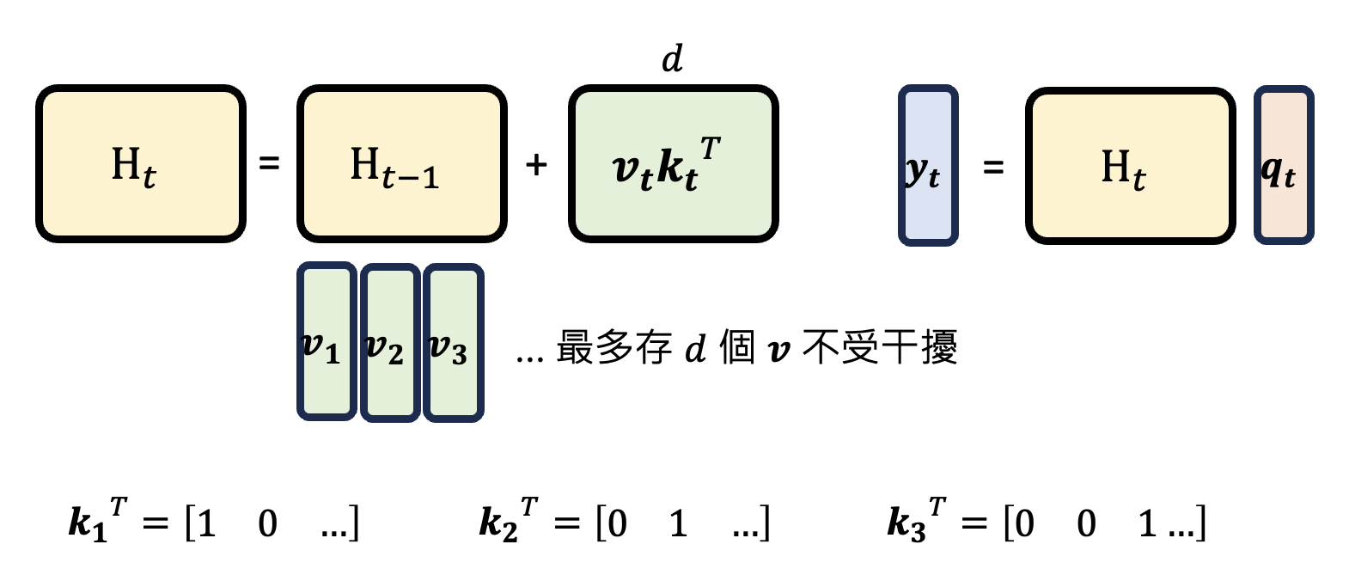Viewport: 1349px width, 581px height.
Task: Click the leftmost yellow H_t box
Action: point(140,163)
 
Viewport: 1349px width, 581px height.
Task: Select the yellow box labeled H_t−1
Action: point(401,163)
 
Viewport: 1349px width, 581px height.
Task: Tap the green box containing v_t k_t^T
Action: point(673,163)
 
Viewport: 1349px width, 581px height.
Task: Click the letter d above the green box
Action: point(672,59)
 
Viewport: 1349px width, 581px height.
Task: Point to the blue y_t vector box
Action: point(927,165)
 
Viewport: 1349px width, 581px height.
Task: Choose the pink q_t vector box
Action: point(1283,165)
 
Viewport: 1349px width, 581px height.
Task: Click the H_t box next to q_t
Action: point(1129,165)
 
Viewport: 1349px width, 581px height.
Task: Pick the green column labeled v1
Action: point(326,342)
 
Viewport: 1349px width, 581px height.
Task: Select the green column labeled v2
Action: point(389,342)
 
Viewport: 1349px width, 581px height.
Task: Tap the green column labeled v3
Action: point(453,342)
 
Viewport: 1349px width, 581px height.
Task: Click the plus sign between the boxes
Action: point(536,164)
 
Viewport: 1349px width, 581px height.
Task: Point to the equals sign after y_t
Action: point(993,168)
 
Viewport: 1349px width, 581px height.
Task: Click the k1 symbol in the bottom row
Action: point(88,523)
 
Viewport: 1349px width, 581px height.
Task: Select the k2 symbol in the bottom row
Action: point(498,523)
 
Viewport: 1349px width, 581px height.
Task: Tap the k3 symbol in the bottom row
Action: point(906,523)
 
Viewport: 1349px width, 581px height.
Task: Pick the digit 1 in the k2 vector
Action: point(678,523)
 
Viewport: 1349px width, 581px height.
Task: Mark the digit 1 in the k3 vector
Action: point(1147,523)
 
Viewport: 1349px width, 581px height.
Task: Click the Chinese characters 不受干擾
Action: point(878,347)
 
